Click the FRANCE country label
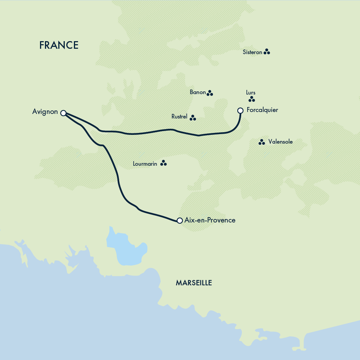click(59, 45)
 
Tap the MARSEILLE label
click(194, 283)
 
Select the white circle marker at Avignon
click(63, 113)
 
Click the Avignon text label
click(45, 112)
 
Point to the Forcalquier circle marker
click(240, 110)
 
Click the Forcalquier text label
click(262, 110)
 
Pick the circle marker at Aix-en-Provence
click(180, 221)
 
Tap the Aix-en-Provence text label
click(210, 220)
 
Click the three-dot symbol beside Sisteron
click(267, 52)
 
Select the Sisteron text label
click(252, 52)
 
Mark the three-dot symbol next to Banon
click(210, 93)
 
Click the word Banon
click(197, 92)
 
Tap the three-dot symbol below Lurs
click(251, 99)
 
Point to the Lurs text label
click(251, 93)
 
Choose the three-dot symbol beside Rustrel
click(193, 118)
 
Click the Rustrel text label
click(179, 117)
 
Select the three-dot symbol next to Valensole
click(262, 142)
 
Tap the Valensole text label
click(280, 142)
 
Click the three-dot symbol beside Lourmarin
click(163, 163)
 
